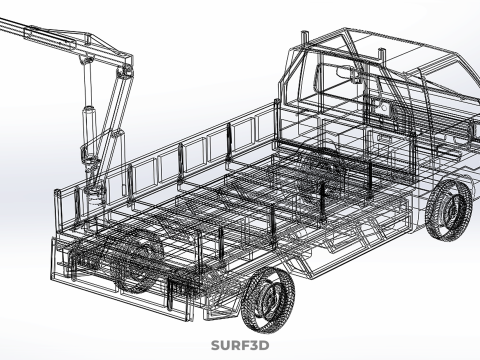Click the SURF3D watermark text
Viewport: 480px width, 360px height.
(240, 345)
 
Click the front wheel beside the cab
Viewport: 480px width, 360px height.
(449, 210)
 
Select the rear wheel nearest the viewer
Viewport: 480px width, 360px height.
(268, 300)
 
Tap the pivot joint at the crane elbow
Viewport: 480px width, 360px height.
(127, 71)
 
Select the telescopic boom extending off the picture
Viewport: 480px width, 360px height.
(37, 32)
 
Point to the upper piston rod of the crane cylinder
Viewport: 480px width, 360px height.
(88, 83)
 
